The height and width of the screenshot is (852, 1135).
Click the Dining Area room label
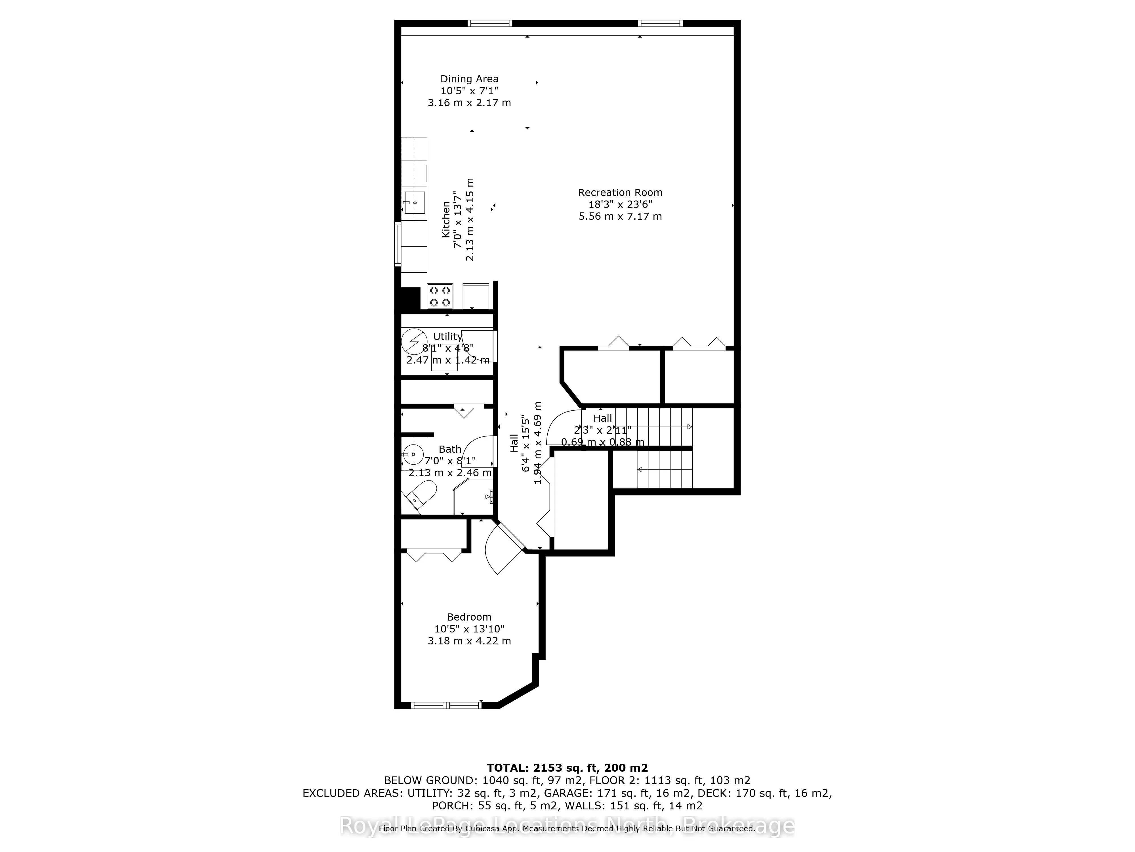tap(469, 79)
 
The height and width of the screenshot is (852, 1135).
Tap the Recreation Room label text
tap(620, 193)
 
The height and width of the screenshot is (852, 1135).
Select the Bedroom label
tap(469, 617)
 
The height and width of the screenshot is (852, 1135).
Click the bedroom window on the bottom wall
tap(446, 705)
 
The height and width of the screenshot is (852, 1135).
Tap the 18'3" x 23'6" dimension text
tap(620, 204)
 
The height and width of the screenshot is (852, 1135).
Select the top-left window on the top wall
tap(489, 23)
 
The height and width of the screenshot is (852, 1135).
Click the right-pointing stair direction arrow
tap(689, 427)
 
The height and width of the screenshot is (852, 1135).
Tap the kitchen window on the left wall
tap(397, 244)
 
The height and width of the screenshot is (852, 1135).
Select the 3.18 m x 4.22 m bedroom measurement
tap(469, 641)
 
